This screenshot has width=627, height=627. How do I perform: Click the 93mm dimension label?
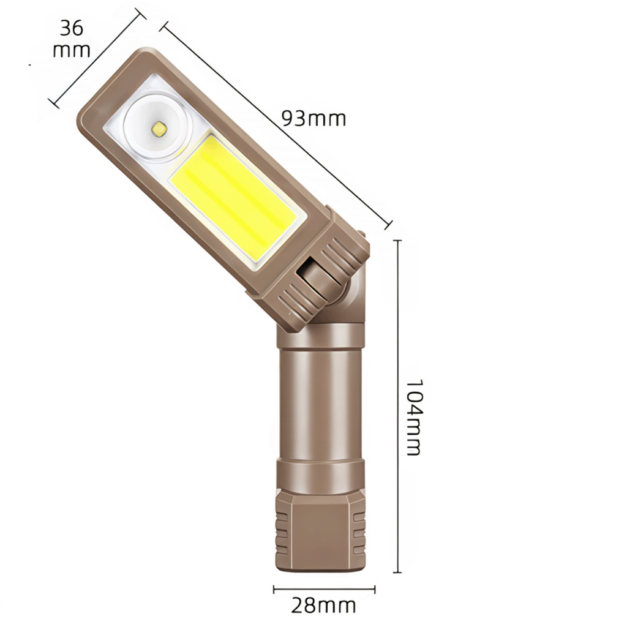point(314,119)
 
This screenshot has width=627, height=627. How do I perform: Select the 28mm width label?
point(323,606)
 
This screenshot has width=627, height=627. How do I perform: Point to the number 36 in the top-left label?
point(72,28)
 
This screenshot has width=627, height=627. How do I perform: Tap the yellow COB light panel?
point(234,197)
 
